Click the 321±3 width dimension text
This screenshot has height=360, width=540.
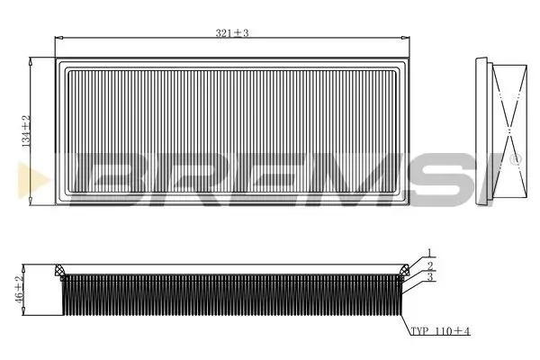click(x=231, y=32)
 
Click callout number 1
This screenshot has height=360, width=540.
click(x=430, y=253)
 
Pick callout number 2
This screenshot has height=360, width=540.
click(x=430, y=266)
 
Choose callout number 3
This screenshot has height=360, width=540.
click(x=430, y=279)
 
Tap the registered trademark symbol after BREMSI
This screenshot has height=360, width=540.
click(x=515, y=159)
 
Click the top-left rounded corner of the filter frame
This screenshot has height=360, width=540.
click(x=59, y=63)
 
